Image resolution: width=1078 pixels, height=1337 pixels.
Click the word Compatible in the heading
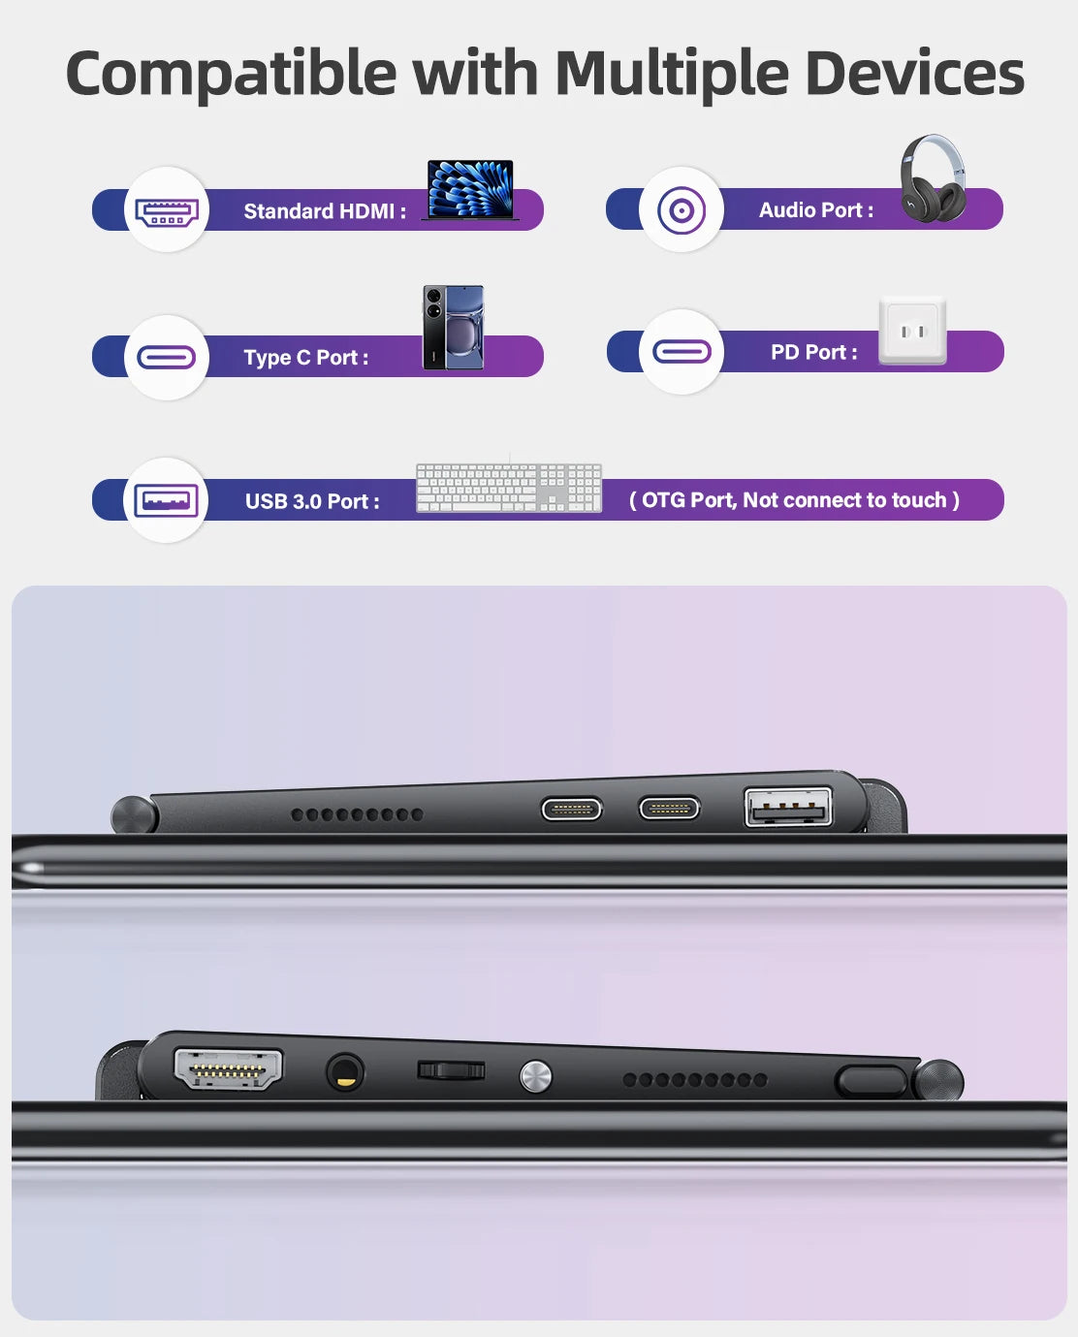tap(231, 75)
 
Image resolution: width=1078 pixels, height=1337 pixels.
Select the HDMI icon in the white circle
tap(167, 211)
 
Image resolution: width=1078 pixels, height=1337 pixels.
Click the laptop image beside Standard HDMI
tap(470, 189)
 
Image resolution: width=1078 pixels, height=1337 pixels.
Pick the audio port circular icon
tap(681, 210)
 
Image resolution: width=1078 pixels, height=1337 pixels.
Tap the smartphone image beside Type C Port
tap(454, 328)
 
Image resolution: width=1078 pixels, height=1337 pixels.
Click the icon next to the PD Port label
tap(682, 352)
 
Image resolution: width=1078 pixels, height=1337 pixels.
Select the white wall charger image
tap(912, 332)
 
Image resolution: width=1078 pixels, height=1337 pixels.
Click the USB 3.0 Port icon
tap(166, 500)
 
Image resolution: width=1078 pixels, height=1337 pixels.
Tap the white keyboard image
tap(509, 488)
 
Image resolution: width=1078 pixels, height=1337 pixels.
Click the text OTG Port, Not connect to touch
tap(794, 500)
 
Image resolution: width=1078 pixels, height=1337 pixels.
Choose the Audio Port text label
tap(816, 210)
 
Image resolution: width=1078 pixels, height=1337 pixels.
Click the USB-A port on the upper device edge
tap(788, 807)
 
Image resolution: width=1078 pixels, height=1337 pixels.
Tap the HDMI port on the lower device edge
tap(228, 1069)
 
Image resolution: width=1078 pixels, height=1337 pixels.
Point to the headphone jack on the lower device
tap(345, 1072)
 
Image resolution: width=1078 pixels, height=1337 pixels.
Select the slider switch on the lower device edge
tap(451, 1069)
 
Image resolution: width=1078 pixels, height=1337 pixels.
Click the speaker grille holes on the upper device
tap(358, 813)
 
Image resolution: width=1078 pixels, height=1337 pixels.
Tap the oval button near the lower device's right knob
tap(872, 1081)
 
